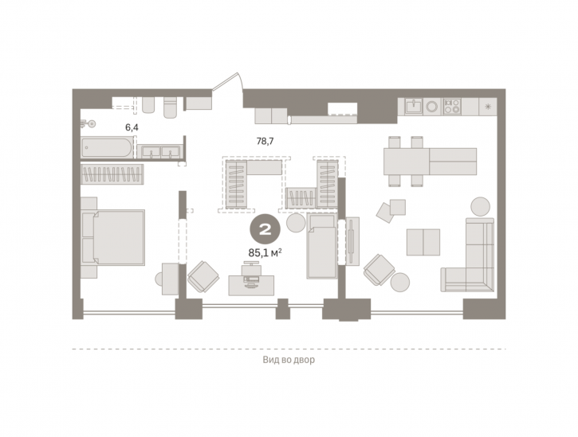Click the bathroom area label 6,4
click(x=132, y=127)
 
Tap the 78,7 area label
click(x=265, y=141)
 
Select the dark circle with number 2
click(x=265, y=230)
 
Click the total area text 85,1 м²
click(x=265, y=253)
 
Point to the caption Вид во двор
click(x=289, y=360)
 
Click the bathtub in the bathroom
click(x=107, y=147)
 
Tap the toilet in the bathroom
click(x=171, y=107)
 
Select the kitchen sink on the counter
click(x=414, y=107)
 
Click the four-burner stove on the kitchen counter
click(x=452, y=107)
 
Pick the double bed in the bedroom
click(x=113, y=237)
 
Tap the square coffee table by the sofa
click(x=423, y=242)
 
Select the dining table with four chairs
click(x=430, y=162)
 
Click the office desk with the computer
click(x=251, y=285)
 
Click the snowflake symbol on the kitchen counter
click(x=488, y=107)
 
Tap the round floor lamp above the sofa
click(x=481, y=207)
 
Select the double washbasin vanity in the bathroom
click(x=159, y=152)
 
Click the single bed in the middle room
click(x=322, y=246)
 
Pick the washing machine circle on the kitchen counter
click(x=432, y=107)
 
